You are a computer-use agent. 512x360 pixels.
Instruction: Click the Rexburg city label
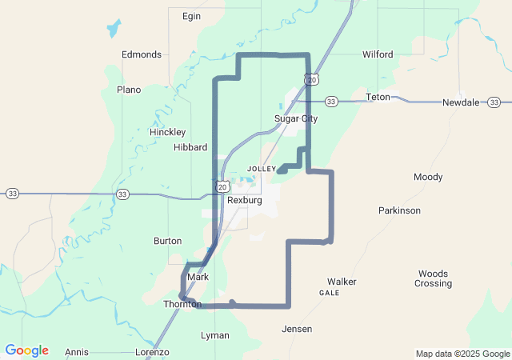(x=244, y=200)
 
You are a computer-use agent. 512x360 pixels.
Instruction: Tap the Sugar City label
(x=296, y=118)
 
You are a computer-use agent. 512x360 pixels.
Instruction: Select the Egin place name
(x=191, y=16)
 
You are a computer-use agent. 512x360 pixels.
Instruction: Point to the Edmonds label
(x=142, y=54)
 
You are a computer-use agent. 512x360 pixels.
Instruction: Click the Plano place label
(x=129, y=90)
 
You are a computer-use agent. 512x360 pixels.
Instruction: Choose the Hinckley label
(x=167, y=131)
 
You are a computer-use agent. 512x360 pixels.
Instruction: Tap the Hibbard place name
(x=190, y=147)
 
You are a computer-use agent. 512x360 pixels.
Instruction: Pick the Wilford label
(x=378, y=54)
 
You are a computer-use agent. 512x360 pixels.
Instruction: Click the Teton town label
(x=378, y=97)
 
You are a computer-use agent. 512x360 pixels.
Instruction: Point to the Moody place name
(x=427, y=177)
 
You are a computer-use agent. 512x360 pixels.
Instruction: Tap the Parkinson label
(x=399, y=210)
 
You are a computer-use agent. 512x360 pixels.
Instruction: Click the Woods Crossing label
(x=433, y=278)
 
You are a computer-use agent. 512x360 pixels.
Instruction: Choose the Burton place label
(x=167, y=241)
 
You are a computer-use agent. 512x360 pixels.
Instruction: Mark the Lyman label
(x=214, y=335)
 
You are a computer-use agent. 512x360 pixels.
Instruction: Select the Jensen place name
(x=296, y=329)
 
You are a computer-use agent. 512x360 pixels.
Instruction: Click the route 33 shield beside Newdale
(x=494, y=102)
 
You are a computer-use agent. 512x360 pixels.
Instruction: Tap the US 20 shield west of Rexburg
(x=222, y=186)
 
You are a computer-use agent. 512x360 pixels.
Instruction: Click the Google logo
(x=26, y=350)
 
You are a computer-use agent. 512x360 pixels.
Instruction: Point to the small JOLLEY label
(x=262, y=169)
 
